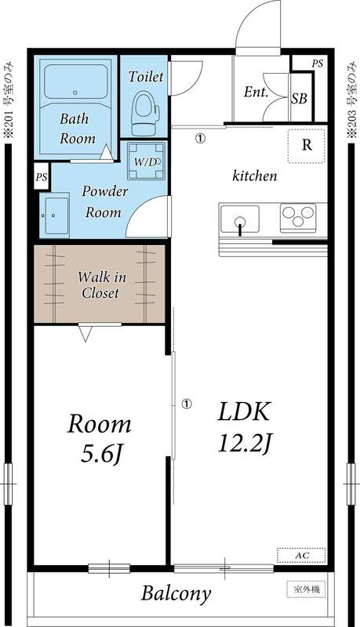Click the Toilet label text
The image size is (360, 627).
(146, 77)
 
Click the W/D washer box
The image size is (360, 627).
(146, 161)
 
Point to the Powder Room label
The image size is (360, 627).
(104, 201)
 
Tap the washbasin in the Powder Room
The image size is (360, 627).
(56, 216)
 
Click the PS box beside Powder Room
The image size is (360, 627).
(41, 177)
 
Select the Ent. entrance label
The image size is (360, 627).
(256, 92)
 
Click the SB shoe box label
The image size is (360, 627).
(299, 99)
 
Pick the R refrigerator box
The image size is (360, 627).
(307, 145)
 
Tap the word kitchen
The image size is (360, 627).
(254, 176)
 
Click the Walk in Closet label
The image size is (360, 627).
(100, 285)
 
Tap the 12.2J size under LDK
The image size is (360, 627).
(245, 444)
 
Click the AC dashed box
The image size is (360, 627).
(300, 555)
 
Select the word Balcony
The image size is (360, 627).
(176, 593)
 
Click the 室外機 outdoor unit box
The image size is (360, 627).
(301, 588)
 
